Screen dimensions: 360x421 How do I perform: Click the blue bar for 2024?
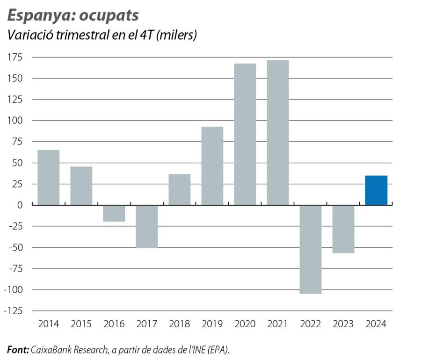pos(376,190)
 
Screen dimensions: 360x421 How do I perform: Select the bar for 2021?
pos(278,132)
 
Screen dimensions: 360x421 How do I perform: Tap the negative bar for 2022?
pos(311,249)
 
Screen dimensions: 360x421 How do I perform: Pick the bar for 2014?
pos(49,177)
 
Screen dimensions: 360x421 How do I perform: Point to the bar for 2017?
pos(147,226)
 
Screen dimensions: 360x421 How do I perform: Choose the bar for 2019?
pos(212,166)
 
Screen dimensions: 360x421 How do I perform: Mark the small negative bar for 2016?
pos(114,213)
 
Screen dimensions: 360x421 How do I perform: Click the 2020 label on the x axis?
pos(245,324)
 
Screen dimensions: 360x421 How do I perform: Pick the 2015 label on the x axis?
pos(81,324)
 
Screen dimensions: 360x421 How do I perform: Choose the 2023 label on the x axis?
pos(343,324)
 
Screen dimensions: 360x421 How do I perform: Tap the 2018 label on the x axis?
pos(180,324)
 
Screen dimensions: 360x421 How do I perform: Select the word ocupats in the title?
pos(109,15)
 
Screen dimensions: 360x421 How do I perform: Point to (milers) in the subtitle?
pos(177,36)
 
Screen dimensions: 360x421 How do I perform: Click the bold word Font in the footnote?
pos(18,350)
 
